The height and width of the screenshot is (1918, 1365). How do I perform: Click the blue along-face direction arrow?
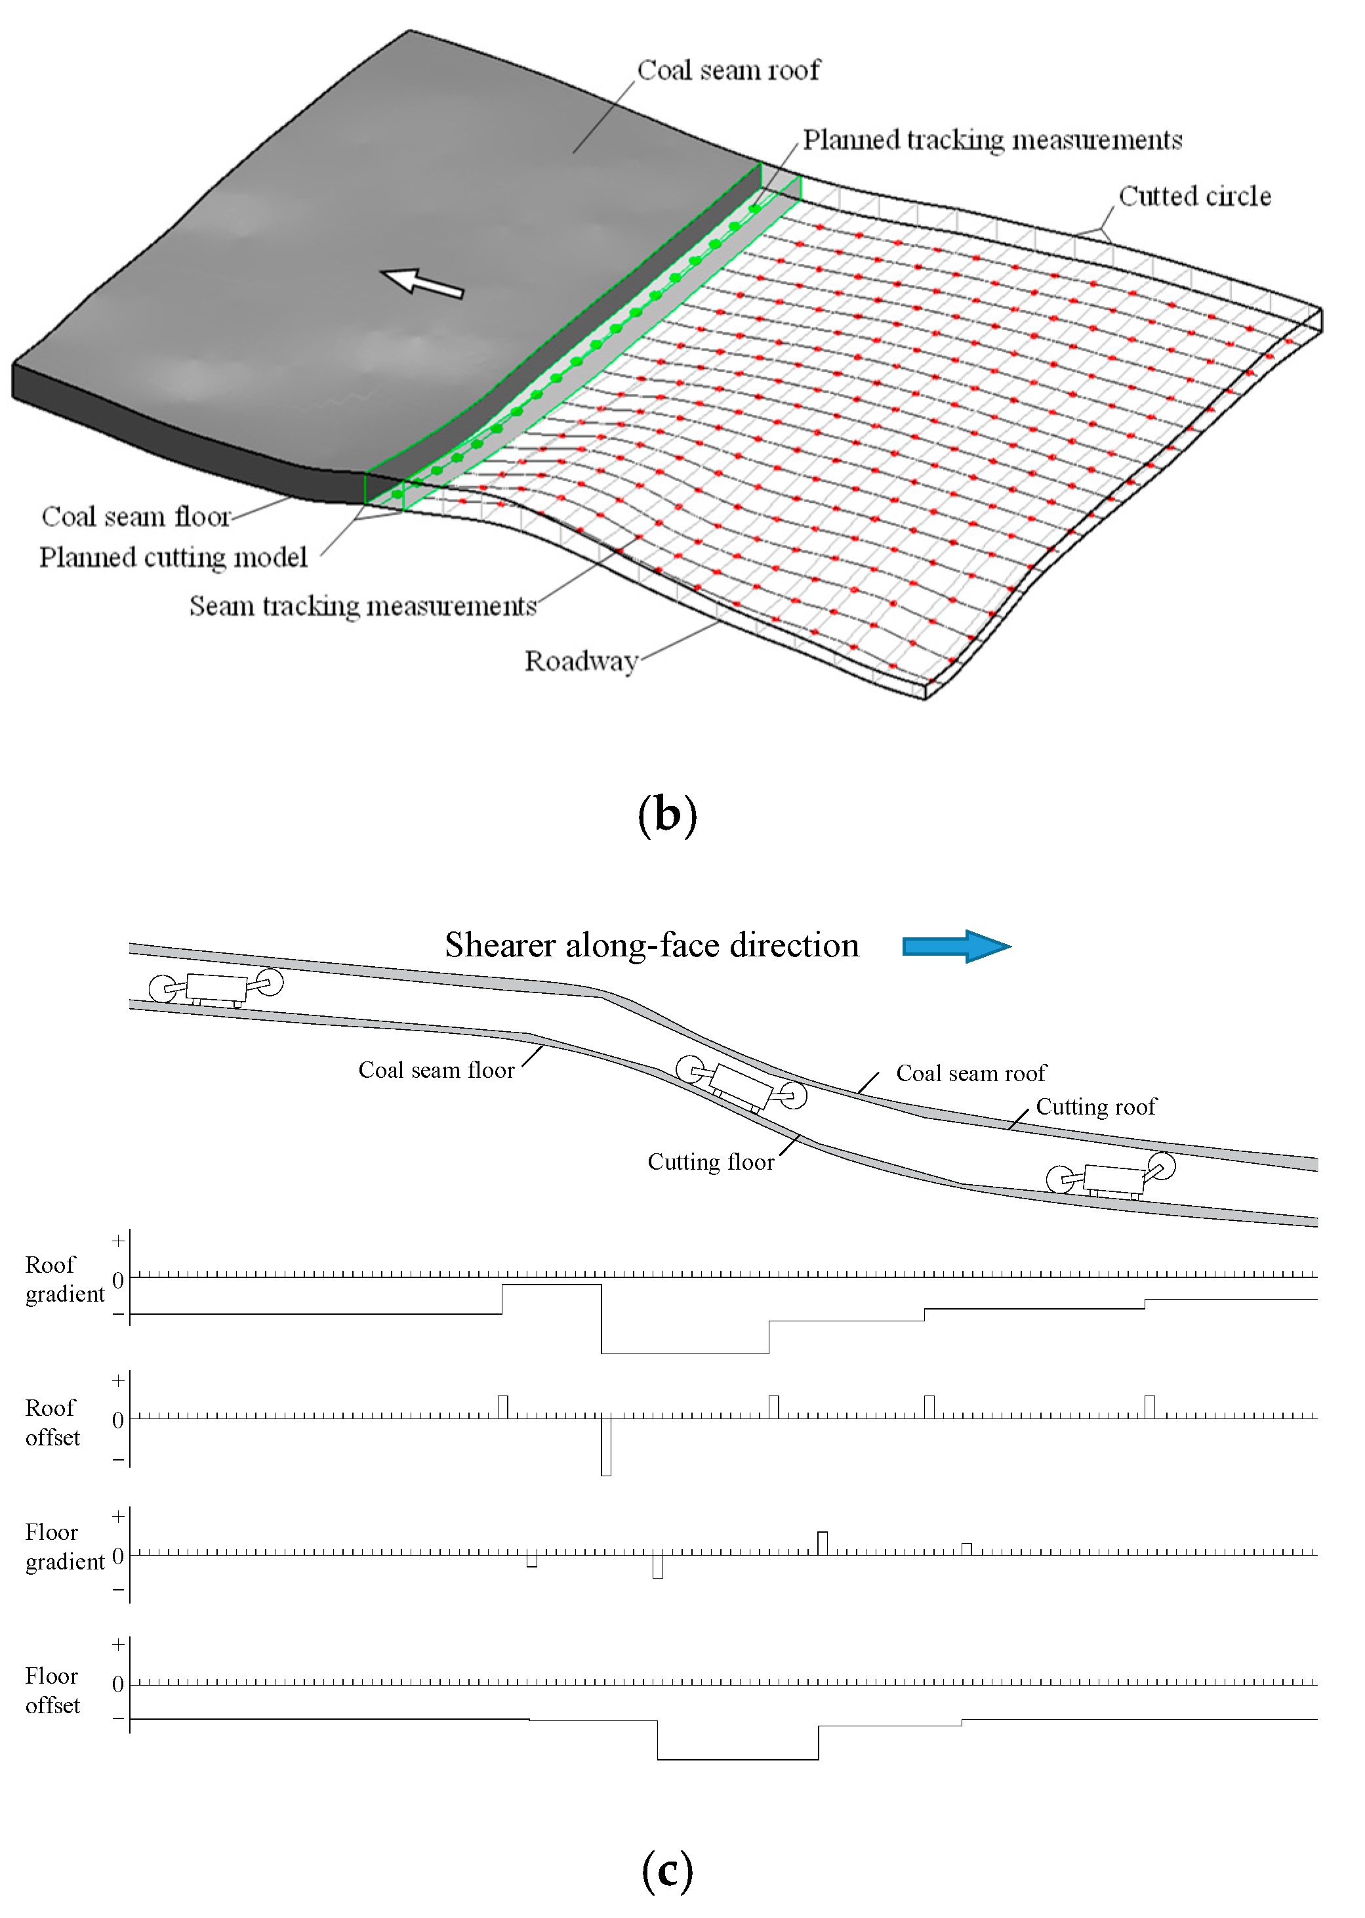point(955,946)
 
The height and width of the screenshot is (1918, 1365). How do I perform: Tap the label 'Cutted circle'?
point(1194,196)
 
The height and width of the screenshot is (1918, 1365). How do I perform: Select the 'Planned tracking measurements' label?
point(992,140)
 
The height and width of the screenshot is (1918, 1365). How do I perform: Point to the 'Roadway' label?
point(580,661)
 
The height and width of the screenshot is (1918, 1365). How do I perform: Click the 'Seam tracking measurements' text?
point(362,605)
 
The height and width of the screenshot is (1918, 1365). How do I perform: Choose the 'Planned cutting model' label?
point(173,557)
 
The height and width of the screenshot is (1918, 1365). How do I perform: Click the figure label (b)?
point(666,814)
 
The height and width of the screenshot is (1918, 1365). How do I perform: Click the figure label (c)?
point(666,1870)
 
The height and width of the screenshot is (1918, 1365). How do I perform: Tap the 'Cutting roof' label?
point(1095,1107)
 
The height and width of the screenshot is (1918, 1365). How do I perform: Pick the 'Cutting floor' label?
point(710,1162)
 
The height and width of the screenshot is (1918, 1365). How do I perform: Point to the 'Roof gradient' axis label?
point(64,1279)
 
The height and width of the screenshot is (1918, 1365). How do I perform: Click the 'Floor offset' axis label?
point(52,1690)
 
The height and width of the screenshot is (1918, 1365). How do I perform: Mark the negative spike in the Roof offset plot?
point(606,1448)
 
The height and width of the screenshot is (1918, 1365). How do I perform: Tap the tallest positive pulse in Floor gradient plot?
point(822,1543)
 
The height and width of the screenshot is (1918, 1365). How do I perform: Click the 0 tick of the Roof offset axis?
point(117,1420)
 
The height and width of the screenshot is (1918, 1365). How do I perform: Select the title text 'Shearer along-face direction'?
point(651,945)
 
